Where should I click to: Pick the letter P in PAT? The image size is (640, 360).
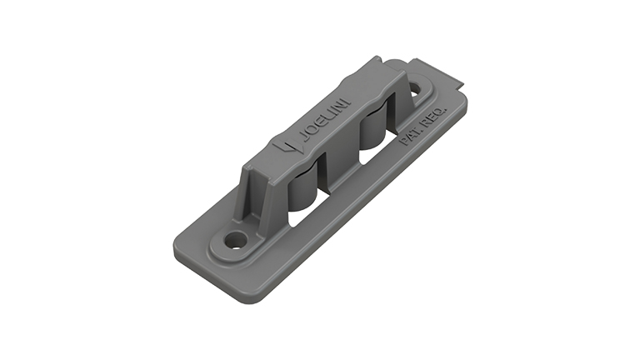(x=405, y=141)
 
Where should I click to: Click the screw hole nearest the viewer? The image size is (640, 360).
(x=237, y=240)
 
